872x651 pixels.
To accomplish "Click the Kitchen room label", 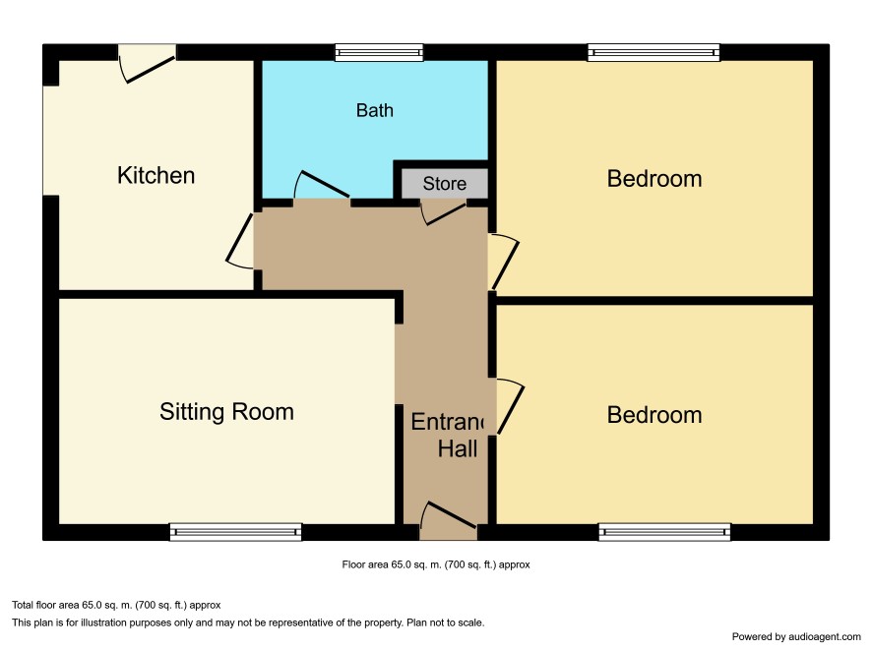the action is (x=156, y=175).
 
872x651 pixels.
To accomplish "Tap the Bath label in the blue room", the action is (x=375, y=110).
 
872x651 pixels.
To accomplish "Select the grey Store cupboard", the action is (x=444, y=183).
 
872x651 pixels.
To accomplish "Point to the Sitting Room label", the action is (x=226, y=412).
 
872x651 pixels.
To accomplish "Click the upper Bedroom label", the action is (x=654, y=179).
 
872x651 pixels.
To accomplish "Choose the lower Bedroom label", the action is (x=654, y=416).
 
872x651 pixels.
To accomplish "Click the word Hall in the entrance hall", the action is (x=457, y=448).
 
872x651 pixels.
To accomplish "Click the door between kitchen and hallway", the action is (x=240, y=243).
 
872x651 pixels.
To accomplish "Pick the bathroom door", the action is (x=322, y=185).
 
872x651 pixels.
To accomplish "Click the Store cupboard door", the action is (x=443, y=213).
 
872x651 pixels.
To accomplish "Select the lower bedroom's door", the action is (x=510, y=406).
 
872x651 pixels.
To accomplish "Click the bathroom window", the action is (x=379, y=53).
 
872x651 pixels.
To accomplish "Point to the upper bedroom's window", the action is (x=654, y=53).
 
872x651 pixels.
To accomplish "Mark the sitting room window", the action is (x=235, y=532).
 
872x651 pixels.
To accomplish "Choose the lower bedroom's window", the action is (x=664, y=532).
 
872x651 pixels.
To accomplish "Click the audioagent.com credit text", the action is (x=796, y=636).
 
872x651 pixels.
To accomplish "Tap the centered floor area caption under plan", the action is (x=436, y=564).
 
